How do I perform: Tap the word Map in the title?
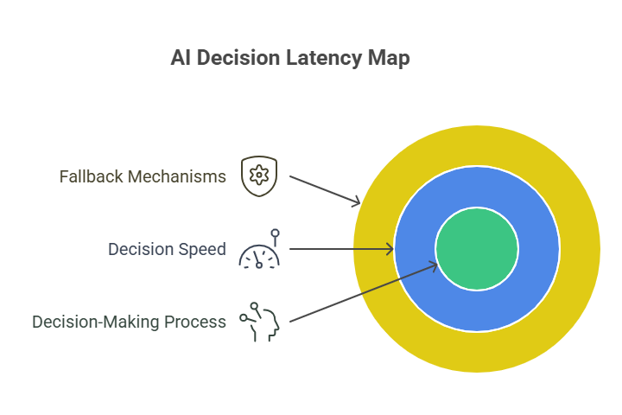pos(390,59)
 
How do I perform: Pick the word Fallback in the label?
pos(91,176)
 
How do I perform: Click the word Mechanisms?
pos(177,176)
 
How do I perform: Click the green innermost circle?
pos(476,249)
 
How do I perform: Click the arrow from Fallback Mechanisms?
pos(324,189)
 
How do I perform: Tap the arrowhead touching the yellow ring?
pos(356,202)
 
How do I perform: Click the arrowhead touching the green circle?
pos(433,265)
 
